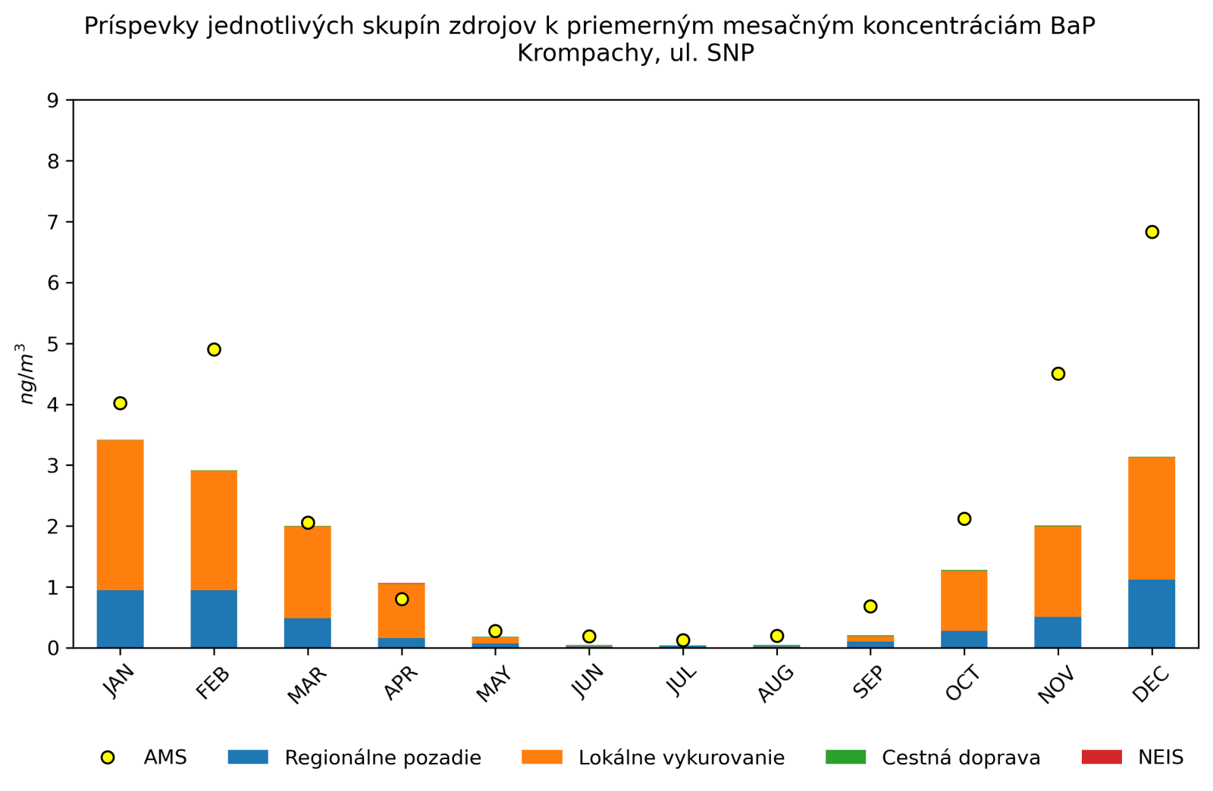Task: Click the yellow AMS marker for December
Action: [x=1152, y=232]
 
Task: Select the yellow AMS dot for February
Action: [x=214, y=349]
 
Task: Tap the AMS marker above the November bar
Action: [x=1058, y=374]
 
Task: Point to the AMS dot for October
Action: [x=964, y=519]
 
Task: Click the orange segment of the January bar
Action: [x=120, y=515]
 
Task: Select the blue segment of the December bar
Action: [x=1152, y=614]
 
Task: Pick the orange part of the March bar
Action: [x=308, y=572]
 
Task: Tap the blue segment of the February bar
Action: [x=214, y=619]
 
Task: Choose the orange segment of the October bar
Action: [x=964, y=601]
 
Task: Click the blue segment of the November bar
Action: [x=1058, y=632]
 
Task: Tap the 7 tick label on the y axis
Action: [x=53, y=222]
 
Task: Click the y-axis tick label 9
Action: [x=53, y=100]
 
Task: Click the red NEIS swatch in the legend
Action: [x=1101, y=757]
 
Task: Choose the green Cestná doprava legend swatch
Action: [x=845, y=757]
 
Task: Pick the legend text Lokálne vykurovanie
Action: [x=681, y=758]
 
